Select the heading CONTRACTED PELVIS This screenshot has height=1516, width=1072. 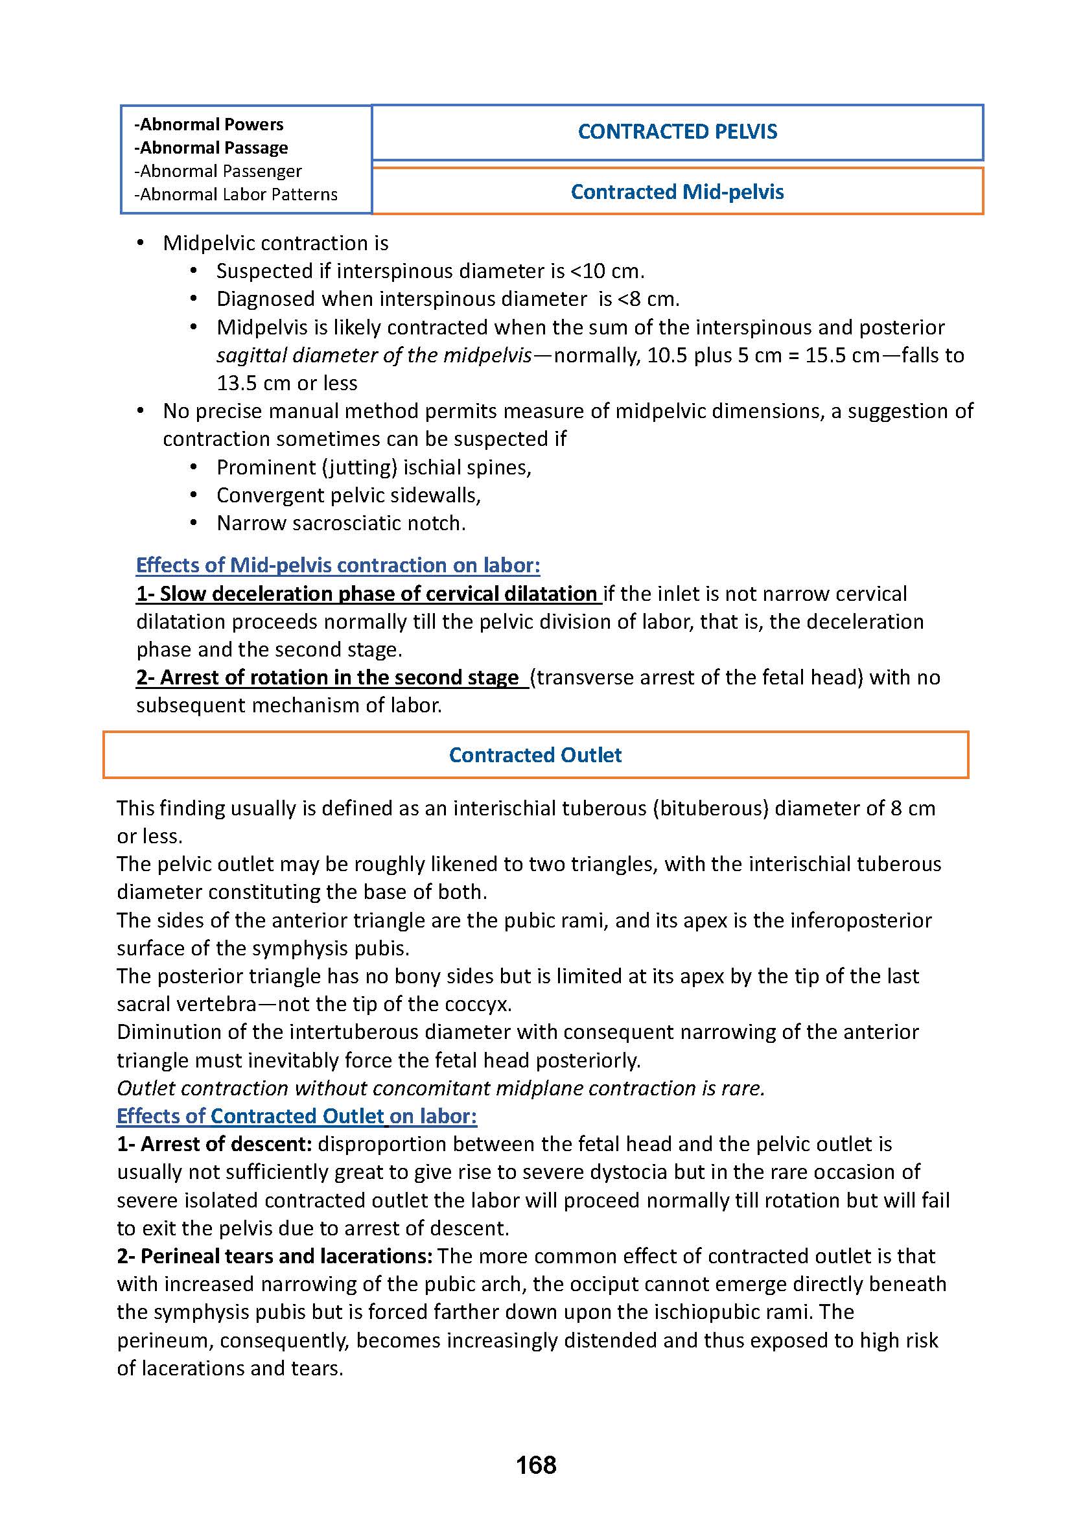pos(677,132)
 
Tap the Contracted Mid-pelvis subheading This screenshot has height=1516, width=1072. pos(677,191)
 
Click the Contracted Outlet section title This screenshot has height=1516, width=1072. pos(535,754)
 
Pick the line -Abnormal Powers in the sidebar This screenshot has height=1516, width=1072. pos(209,124)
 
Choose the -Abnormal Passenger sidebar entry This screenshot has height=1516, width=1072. pos(218,171)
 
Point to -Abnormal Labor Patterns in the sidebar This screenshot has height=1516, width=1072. pos(236,194)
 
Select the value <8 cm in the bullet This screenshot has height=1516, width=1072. pos(647,299)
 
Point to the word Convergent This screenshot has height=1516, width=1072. pos(270,495)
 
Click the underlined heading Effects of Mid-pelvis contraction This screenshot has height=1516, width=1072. pos(338,565)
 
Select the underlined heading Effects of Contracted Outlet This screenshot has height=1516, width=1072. pos(296,1116)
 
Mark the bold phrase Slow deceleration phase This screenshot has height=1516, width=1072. pos(277,594)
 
